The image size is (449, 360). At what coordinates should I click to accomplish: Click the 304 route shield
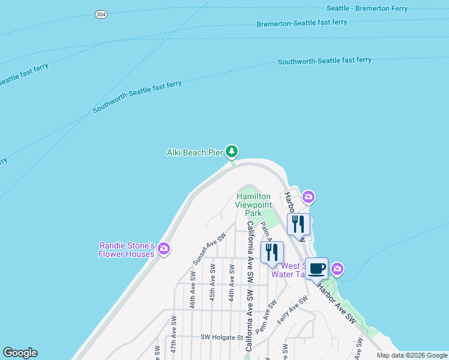click(x=101, y=14)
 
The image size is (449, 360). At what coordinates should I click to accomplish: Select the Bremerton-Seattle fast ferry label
click(x=302, y=23)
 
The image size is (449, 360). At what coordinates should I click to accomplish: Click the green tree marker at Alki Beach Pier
click(x=232, y=151)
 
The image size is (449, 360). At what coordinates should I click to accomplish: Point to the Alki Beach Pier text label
click(x=194, y=152)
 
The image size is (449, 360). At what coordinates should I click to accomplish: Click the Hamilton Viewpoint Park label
click(x=253, y=205)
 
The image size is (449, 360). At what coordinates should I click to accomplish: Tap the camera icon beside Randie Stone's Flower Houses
click(x=164, y=248)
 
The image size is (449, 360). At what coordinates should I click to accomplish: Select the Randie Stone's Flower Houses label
click(x=127, y=250)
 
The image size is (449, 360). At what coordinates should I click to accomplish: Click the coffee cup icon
click(x=316, y=268)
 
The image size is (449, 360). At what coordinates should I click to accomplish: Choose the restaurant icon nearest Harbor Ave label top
click(x=298, y=224)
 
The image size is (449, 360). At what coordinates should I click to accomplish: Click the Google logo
click(x=20, y=353)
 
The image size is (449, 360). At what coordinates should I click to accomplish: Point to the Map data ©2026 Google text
click(x=412, y=355)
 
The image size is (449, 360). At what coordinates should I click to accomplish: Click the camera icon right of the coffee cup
click(x=337, y=269)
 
